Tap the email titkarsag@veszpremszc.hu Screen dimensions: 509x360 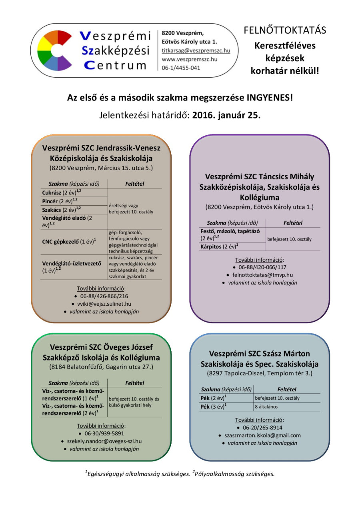(x=196, y=50)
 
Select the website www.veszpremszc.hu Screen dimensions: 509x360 (x=189, y=59)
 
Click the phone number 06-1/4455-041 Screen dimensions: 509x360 (x=181, y=68)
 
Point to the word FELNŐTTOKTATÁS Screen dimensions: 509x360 (x=285, y=30)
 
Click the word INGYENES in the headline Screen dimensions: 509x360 (x=269, y=97)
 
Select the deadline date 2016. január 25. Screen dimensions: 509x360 (x=226, y=115)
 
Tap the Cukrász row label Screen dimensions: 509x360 (x=51, y=192)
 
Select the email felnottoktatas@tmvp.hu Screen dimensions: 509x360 (x=262, y=275)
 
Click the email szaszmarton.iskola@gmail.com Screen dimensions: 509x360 (x=262, y=435)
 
